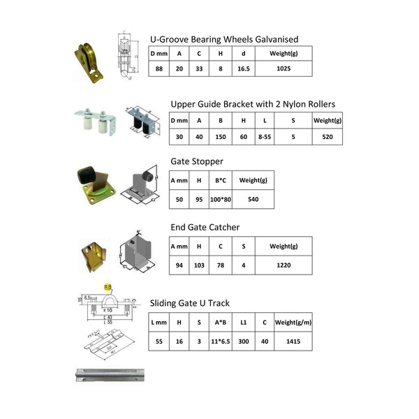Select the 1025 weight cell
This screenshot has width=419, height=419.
coord(282,69)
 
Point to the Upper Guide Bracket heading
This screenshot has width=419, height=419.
coord(253,104)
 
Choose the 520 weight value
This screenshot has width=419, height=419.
coord(327,138)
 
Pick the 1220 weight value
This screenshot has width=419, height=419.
coord(283,265)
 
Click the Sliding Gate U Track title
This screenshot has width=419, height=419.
coord(190,303)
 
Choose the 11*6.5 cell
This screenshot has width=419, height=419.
coord(221,342)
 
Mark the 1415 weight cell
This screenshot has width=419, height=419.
coord(293,342)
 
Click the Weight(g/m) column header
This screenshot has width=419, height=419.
coord(293,322)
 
